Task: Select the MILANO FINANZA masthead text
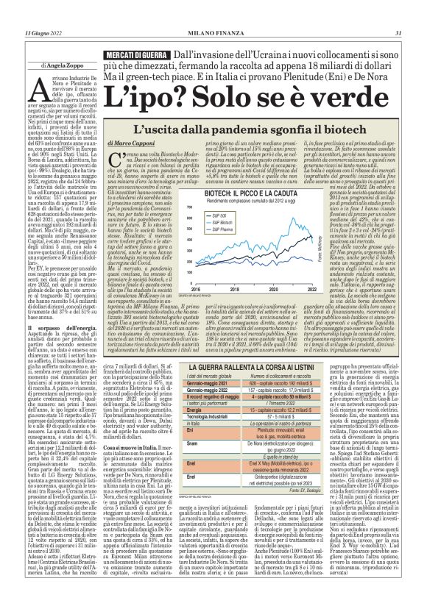tap(213, 13)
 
